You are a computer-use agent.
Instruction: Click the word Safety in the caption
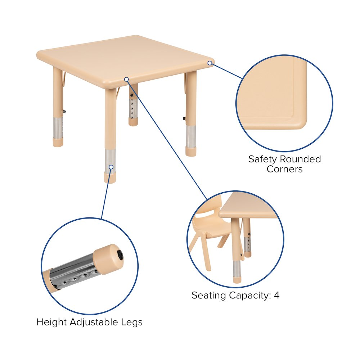[263, 159]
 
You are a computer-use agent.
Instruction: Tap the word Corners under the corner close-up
[285, 169]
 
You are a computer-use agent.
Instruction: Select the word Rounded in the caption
[300, 159]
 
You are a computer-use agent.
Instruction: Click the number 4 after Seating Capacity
[276, 295]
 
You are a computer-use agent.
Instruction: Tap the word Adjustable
[94, 323]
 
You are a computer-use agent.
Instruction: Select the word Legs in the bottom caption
[131, 323]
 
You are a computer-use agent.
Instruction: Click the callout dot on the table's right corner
[210, 63]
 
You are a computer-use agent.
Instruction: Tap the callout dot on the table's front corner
[126, 79]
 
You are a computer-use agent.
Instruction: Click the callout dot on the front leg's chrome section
[111, 167]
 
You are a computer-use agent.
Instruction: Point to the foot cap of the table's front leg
[110, 178]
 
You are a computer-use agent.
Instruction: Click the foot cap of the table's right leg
[191, 152]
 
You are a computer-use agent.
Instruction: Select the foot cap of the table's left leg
[58, 142]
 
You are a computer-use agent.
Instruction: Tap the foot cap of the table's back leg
[133, 122]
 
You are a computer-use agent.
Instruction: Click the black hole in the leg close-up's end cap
[120, 255]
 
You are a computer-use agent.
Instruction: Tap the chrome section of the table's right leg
[191, 136]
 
